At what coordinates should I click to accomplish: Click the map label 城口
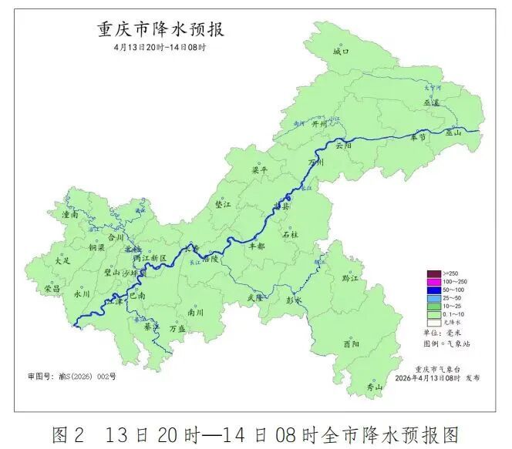[342, 51]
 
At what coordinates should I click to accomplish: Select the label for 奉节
[419, 137]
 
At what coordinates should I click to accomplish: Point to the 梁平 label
[261, 169]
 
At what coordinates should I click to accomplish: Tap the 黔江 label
[351, 277]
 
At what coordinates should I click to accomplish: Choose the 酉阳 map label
[351, 344]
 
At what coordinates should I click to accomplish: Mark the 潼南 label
[70, 215]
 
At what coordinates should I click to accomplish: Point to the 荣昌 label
[52, 288]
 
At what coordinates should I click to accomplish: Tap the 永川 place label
[82, 294]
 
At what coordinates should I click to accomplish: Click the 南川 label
[196, 313]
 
